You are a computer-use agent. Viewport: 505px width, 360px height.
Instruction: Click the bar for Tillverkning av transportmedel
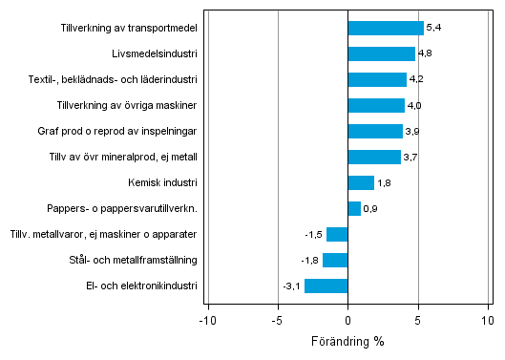[x=386, y=28]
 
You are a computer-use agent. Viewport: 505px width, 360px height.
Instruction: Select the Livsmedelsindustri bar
[x=382, y=53]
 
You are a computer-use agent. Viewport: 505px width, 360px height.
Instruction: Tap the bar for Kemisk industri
[x=361, y=182]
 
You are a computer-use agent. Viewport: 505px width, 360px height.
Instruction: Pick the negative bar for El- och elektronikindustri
[x=326, y=286]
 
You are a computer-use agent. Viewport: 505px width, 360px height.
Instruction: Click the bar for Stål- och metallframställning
[x=335, y=260]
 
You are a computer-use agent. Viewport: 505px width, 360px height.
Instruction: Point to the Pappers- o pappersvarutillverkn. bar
[x=354, y=208]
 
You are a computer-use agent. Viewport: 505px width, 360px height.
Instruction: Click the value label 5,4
[x=433, y=28]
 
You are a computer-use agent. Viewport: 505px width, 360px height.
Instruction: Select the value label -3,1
[x=292, y=286]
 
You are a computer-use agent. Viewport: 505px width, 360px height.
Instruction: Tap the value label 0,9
[x=370, y=208]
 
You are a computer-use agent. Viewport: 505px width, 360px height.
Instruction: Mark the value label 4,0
[x=414, y=105]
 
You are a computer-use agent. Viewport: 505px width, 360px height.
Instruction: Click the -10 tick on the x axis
[x=206, y=321]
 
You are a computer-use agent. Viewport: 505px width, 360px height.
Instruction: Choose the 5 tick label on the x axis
[x=418, y=321]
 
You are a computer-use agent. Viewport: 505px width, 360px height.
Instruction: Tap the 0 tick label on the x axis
[x=347, y=321]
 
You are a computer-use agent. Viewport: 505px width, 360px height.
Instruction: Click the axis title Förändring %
[x=347, y=342]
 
